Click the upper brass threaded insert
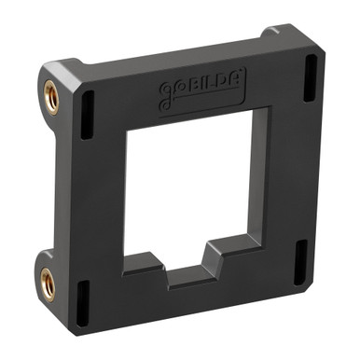point(52,96)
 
